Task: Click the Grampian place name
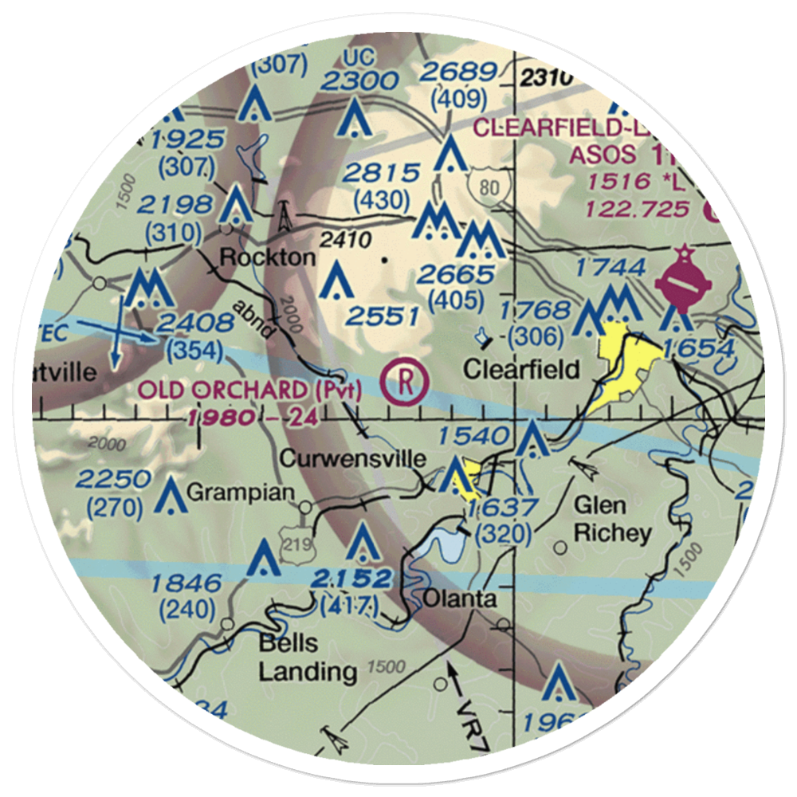point(230,493)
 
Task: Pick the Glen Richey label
point(611,519)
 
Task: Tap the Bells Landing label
point(306,658)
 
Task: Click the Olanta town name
point(460,599)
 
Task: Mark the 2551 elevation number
point(382,316)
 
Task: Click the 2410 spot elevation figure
point(342,239)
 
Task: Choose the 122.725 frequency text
point(634,209)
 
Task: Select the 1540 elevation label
point(473,435)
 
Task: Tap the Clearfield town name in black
point(521,369)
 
